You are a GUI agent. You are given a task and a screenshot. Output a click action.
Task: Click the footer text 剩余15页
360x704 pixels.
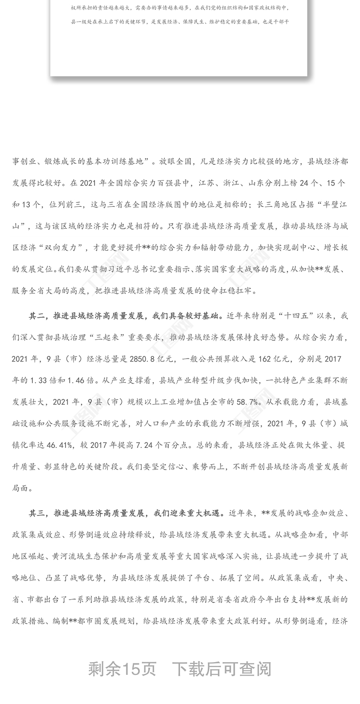click(x=122, y=669)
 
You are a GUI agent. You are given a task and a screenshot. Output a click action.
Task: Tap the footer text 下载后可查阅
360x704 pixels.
click(x=222, y=669)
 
